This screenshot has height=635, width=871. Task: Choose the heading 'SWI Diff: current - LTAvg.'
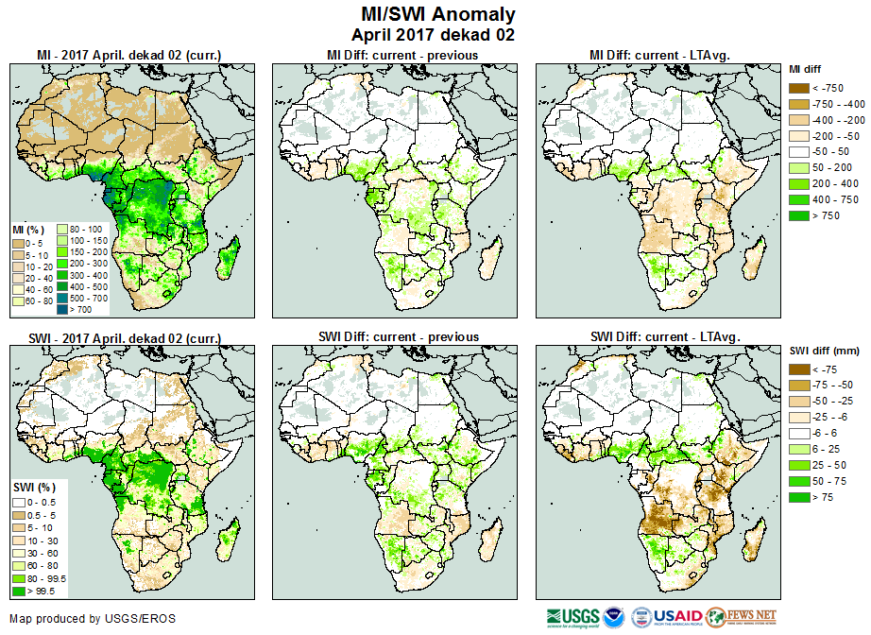664,336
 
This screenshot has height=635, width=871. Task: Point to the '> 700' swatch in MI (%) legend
63,308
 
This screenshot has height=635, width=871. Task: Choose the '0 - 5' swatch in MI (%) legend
19,244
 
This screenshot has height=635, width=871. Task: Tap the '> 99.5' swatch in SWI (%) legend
19,591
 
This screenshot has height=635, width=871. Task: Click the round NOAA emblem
614,617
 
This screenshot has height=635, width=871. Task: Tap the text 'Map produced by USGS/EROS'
93,619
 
